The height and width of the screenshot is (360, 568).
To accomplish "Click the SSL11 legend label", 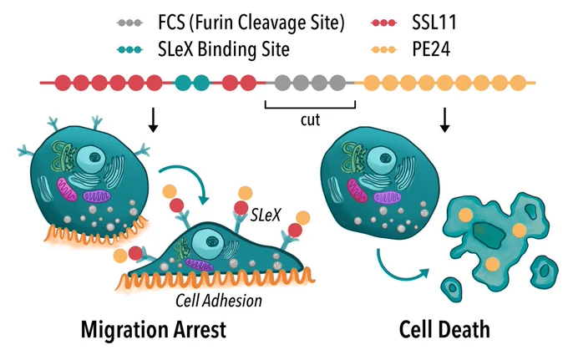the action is (434, 23).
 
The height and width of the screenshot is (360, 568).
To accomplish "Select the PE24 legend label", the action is (431, 49).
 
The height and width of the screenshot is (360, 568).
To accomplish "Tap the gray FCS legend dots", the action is (129, 23).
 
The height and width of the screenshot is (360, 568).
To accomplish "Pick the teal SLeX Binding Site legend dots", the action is (129, 49).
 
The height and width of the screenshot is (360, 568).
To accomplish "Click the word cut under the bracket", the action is (310, 120).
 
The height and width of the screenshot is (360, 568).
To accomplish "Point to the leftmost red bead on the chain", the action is (63, 83).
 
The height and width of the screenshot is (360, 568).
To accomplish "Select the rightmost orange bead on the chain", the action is (518, 83).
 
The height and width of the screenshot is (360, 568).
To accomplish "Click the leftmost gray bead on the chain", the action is (282, 83).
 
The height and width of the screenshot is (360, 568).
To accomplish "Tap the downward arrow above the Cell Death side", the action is (444, 120).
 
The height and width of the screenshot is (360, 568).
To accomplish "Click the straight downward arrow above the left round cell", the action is (153, 120).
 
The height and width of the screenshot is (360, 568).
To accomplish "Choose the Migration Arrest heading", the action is (154, 330).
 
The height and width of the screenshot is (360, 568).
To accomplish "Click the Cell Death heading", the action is (444, 330).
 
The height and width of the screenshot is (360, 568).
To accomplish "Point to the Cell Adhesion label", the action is (219, 301).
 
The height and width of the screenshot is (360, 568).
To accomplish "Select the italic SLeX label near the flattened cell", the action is (266, 215).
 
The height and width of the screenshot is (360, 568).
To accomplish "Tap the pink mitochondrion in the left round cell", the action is (67, 189).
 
